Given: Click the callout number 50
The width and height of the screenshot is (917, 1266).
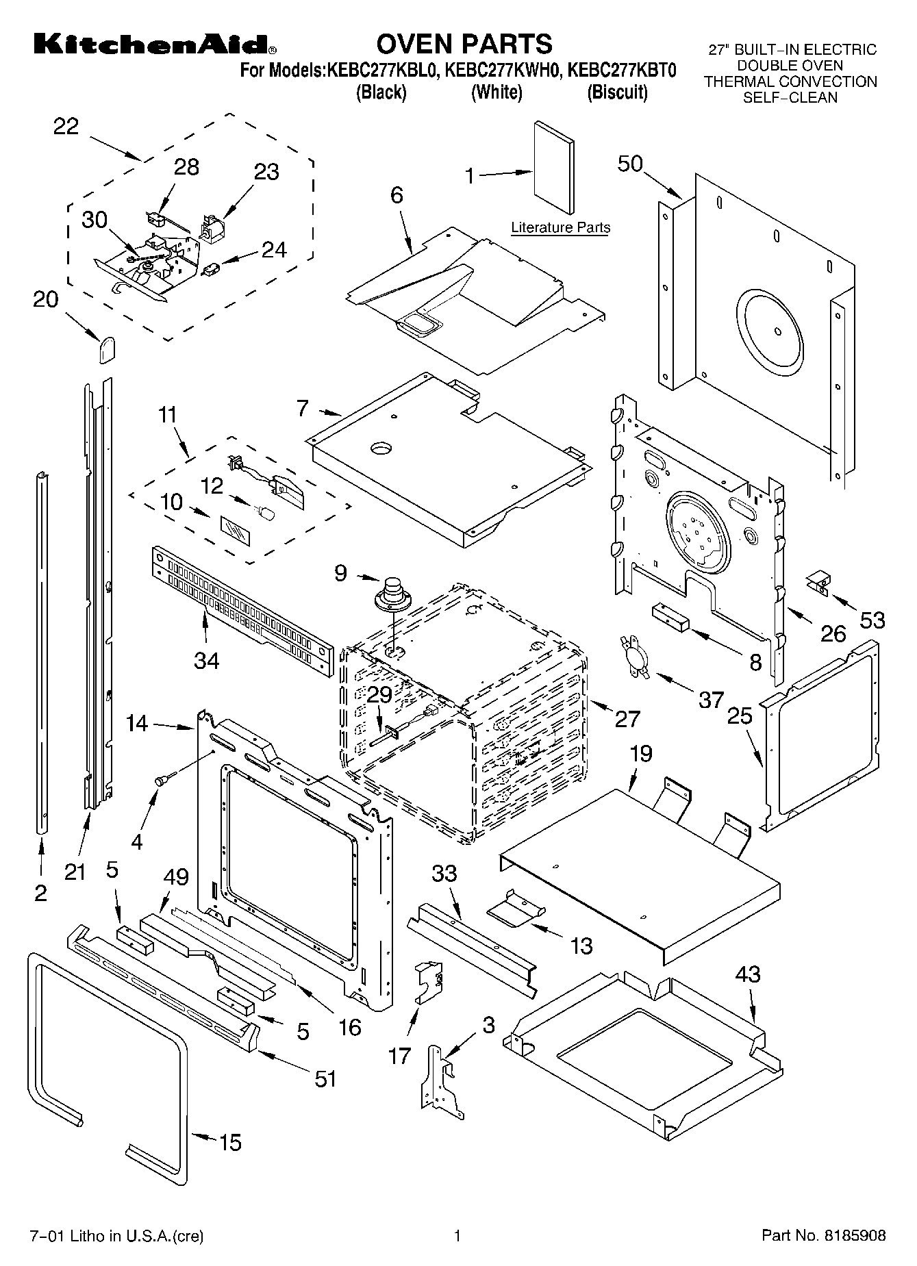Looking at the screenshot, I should click(x=630, y=164).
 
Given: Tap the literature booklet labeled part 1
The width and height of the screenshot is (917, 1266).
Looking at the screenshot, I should click(x=554, y=168).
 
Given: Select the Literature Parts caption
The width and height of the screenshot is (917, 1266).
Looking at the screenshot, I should click(x=560, y=228).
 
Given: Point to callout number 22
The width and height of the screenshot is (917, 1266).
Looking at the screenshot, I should click(x=66, y=127).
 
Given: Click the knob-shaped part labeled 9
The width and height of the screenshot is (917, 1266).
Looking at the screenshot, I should click(x=392, y=594).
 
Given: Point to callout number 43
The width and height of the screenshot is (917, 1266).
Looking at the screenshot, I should click(x=747, y=974).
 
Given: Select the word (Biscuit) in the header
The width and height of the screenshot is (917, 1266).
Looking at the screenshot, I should click(x=616, y=92).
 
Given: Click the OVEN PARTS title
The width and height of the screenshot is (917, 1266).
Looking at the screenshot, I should click(x=464, y=44).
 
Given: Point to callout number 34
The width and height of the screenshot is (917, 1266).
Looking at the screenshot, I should click(x=207, y=661).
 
